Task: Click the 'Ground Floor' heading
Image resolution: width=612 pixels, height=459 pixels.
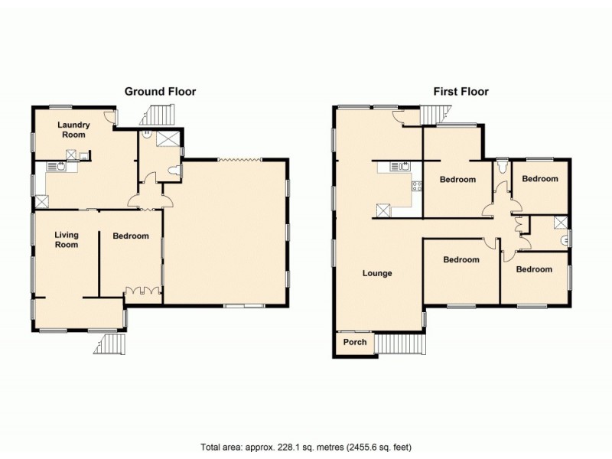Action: pyautogui.click(x=160, y=92)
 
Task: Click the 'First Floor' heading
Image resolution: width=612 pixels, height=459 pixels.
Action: pyautogui.click(x=461, y=92)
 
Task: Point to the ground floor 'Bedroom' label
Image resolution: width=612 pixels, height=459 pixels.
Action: pyautogui.click(x=130, y=236)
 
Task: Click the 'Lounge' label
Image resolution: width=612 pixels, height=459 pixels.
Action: pyautogui.click(x=377, y=273)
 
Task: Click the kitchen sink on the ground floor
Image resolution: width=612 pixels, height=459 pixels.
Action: pyautogui.click(x=56, y=166)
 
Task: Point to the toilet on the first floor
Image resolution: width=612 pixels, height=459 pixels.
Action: pyautogui.click(x=501, y=167)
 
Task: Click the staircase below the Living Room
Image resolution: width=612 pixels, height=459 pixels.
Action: pyautogui.click(x=109, y=344)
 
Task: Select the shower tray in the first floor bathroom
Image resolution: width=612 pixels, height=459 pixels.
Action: pyautogui.click(x=562, y=223)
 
